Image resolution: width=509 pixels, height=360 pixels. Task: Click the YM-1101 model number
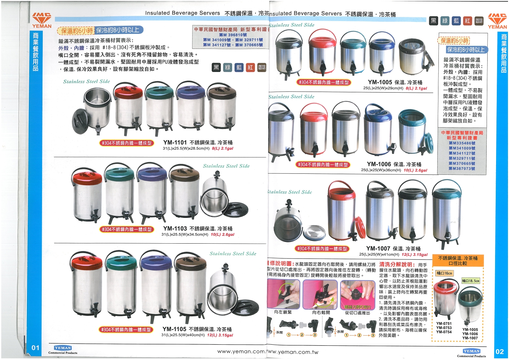tap(175, 143)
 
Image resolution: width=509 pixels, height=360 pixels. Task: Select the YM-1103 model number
tap(175, 229)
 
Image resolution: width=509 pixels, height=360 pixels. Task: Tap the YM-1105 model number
tap(174, 329)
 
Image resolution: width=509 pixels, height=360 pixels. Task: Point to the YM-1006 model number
tap(379, 164)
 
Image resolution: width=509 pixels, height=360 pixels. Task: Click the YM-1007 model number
tap(378, 249)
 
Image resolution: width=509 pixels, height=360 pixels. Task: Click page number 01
tap(36, 348)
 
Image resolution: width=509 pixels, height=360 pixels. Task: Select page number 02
tap(499, 352)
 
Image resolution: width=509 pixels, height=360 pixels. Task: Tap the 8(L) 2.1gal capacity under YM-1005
tap(416, 89)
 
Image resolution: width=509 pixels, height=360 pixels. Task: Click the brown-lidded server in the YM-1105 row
tap(190, 285)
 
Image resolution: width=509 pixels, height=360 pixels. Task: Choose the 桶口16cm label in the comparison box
tap(444, 273)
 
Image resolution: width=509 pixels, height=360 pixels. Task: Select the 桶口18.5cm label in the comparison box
tap(471, 281)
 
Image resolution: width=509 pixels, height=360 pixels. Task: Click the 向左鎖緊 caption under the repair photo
tap(283, 312)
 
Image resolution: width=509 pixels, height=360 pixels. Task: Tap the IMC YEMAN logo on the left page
tap(42, 20)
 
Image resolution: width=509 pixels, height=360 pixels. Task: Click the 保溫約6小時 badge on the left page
tap(76, 31)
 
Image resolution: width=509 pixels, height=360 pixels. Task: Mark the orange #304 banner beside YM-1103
tap(127, 229)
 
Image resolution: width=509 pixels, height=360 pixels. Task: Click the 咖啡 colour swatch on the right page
tap(479, 21)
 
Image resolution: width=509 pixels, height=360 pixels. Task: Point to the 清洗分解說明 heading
tap(397, 264)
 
